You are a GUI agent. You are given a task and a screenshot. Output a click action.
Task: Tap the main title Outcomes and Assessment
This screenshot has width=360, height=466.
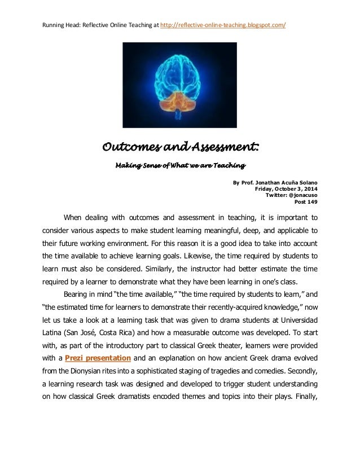pos(180,148)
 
